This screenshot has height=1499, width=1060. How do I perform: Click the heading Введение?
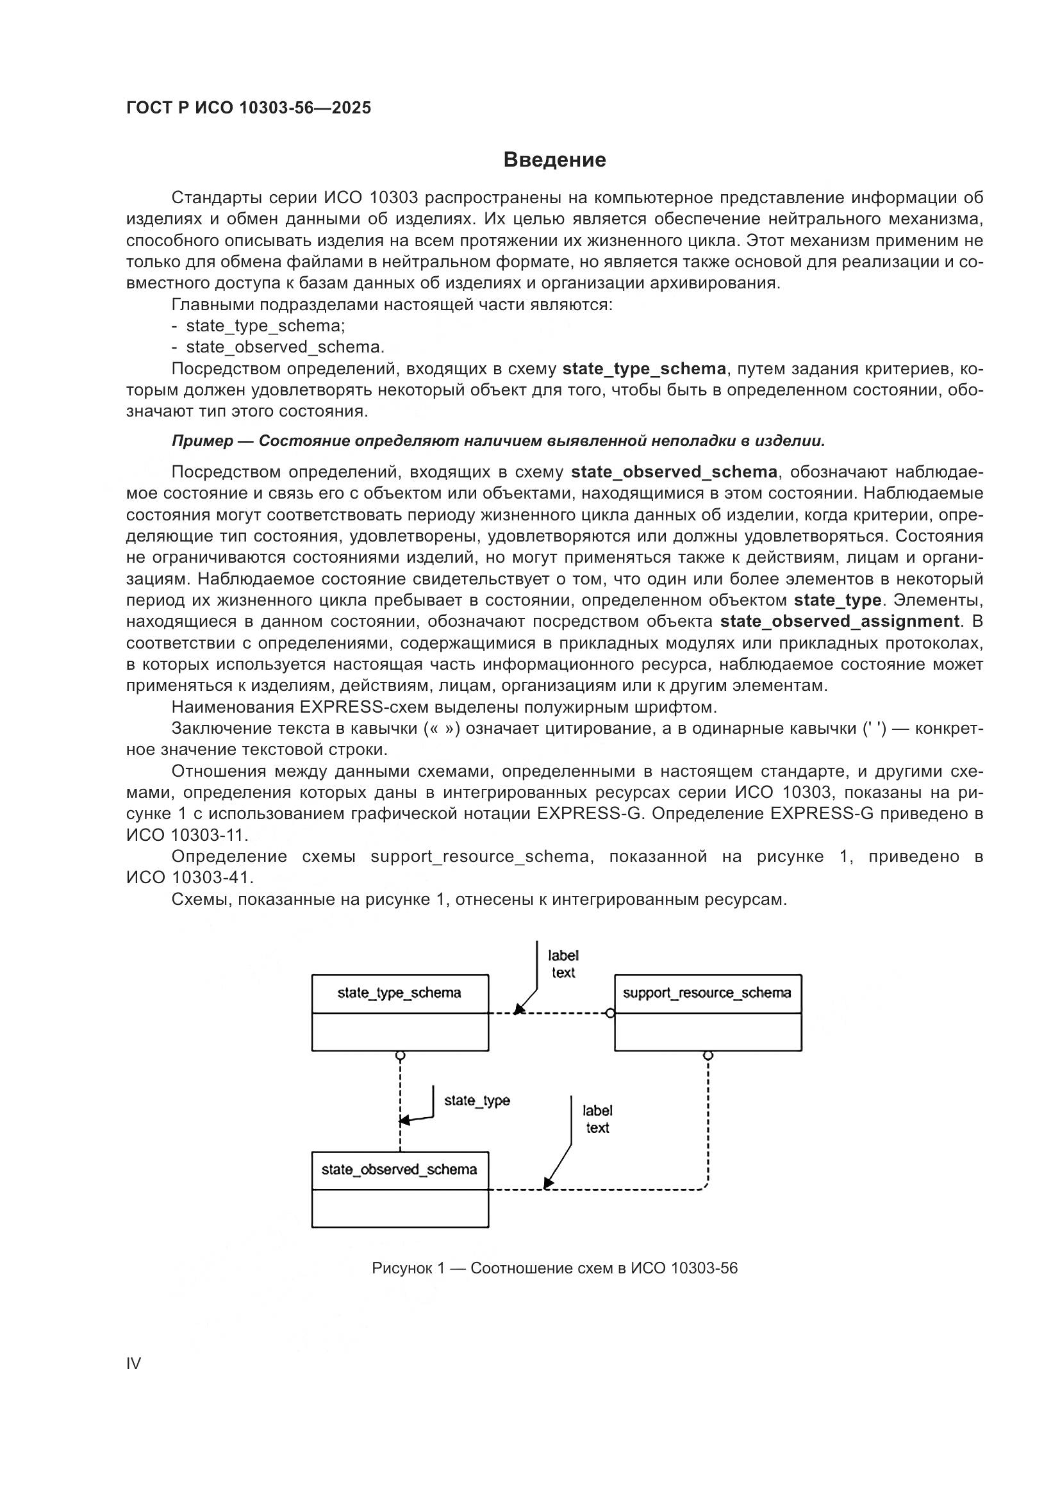(x=554, y=160)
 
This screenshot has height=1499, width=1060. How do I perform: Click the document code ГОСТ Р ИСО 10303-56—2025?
(x=249, y=108)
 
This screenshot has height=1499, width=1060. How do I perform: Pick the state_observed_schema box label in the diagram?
(x=399, y=1170)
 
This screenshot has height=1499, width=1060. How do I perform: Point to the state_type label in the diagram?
(x=476, y=1101)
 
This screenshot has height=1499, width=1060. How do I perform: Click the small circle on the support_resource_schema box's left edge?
(x=609, y=1013)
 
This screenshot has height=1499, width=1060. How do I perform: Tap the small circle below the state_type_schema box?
(x=400, y=1055)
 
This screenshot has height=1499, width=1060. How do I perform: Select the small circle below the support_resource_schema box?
(x=708, y=1055)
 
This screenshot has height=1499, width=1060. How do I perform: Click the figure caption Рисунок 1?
(x=554, y=1268)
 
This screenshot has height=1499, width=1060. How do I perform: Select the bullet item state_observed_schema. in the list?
(x=285, y=347)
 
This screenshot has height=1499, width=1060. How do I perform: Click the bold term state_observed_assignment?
(x=840, y=621)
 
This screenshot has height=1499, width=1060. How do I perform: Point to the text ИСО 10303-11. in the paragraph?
(x=187, y=835)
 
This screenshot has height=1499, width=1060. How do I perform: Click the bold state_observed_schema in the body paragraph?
(x=674, y=472)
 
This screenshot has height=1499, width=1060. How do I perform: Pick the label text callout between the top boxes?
(x=563, y=965)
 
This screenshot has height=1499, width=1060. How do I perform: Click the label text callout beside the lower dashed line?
(x=597, y=1119)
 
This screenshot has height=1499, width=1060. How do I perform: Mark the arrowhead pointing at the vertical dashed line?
(x=404, y=1120)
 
